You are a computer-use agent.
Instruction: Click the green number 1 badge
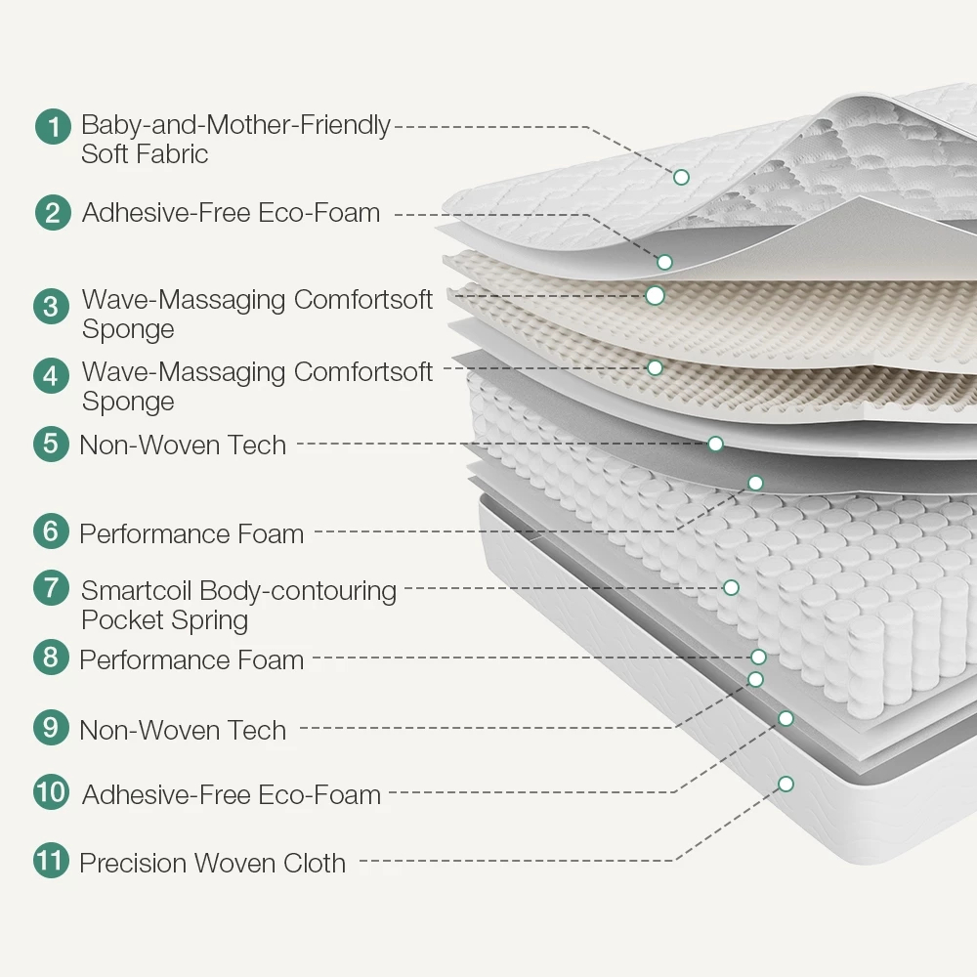(53, 126)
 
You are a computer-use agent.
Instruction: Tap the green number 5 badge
(51, 444)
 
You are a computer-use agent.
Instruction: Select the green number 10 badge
(51, 792)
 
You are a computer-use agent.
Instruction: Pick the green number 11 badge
(51, 861)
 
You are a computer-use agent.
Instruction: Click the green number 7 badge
(51, 587)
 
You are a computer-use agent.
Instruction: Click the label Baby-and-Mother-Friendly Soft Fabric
(235, 139)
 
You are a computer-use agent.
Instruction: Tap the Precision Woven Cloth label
(212, 863)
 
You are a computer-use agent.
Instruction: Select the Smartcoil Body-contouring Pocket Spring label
(238, 605)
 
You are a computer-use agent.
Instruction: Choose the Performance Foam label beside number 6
(191, 534)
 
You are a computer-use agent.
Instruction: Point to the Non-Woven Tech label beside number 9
(183, 730)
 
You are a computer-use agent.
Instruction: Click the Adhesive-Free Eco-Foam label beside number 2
(232, 212)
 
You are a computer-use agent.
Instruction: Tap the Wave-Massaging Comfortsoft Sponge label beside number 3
(257, 314)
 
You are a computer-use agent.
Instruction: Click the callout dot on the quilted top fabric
(681, 177)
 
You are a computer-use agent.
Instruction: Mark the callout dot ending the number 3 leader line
(655, 295)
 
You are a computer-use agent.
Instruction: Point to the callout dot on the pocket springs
(731, 587)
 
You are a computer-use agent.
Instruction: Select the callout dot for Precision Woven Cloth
(786, 784)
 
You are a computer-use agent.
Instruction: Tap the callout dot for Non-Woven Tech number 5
(715, 444)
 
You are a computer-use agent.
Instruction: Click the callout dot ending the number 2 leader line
(664, 262)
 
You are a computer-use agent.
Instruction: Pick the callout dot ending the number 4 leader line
(655, 367)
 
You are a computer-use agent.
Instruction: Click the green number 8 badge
(51, 657)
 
